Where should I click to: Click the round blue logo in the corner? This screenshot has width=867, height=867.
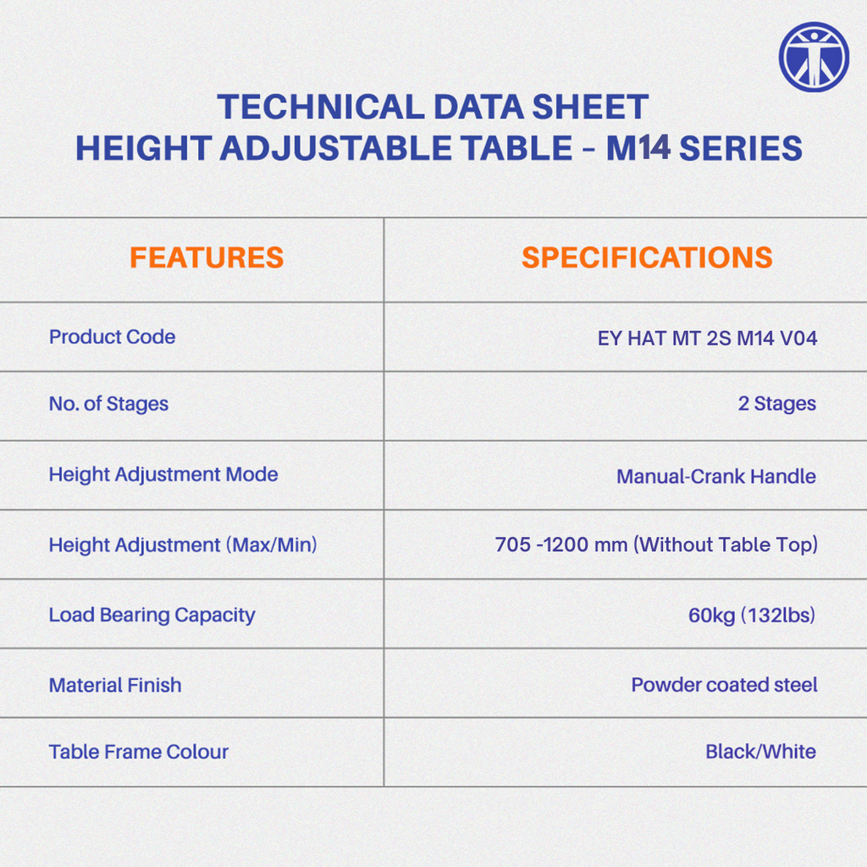[814, 57]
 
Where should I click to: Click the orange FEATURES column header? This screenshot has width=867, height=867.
[207, 257]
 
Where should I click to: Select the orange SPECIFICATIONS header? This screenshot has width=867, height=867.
[647, 257]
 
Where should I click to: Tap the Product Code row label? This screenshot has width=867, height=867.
[113, 337]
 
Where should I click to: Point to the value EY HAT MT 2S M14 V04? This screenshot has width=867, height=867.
[707, 338]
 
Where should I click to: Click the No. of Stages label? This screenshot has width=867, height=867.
[108, 404]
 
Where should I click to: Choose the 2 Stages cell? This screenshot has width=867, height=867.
[777, 404]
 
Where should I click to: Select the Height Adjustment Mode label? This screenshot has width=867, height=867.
[163, 474]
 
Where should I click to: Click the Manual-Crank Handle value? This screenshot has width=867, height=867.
[716, 476]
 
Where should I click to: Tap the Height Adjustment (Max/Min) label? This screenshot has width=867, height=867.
[183, 544]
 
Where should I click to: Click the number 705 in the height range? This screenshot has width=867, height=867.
[512, 544]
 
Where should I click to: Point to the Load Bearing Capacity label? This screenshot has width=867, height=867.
[152, 615]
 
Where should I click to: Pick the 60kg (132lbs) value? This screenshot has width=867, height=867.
[752, 615]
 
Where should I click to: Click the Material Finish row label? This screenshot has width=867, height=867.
[115, 685]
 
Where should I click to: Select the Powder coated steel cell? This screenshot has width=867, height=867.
[725, 684]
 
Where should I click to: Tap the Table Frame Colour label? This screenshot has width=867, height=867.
[138, 752]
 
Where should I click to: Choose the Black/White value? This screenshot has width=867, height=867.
[761, 752]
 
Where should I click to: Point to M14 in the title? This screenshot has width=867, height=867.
[638, 148]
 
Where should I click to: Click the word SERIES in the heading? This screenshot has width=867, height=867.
[740, 148]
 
